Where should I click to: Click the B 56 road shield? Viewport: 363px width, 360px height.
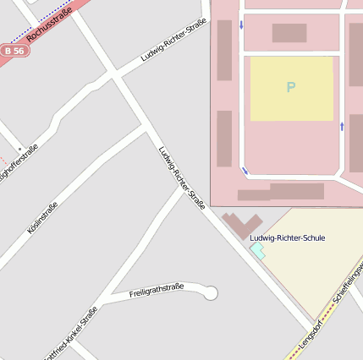tap(12, 51)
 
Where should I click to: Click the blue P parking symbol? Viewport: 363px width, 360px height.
tap(291, 87)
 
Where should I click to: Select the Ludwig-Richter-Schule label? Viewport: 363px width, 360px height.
tap(288, 238)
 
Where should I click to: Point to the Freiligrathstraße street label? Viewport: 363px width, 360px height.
tap(157, 291)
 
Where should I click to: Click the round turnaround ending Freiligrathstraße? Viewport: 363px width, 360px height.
tap(211, 293)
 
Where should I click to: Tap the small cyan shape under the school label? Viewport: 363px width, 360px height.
tap(257, 251)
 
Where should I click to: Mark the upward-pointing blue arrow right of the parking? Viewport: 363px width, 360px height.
tap(342, 127)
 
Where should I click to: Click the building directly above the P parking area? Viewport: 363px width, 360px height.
tap(289, 33)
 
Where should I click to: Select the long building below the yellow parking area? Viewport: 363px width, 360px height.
tap(296, 191)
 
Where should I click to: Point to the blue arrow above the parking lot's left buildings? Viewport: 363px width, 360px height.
tap(241, 24)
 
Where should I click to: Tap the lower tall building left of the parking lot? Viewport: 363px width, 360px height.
tap(224, 139)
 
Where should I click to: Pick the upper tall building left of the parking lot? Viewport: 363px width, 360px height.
tap(224, 50)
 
